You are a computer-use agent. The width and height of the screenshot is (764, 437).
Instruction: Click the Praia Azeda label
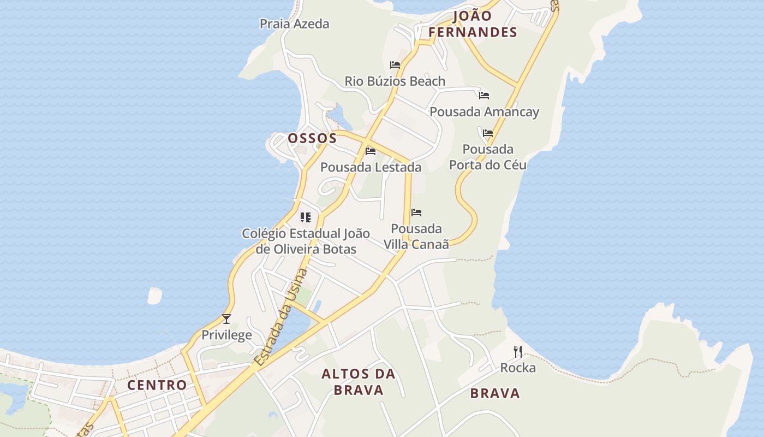(295, 23)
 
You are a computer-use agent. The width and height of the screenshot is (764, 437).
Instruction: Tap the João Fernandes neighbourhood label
(473, 24)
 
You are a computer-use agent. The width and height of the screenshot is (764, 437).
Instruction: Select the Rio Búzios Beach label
(395, 81)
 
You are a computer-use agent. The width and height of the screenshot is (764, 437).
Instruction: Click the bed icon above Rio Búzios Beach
(395, 65)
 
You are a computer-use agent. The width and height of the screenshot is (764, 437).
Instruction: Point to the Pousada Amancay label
(485, 112)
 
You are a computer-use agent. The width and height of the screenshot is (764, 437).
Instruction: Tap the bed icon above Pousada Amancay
(484, 96)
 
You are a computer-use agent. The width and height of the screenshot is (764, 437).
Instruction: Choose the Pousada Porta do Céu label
(488, 157)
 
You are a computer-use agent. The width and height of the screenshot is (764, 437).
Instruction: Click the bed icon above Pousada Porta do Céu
(488, 133)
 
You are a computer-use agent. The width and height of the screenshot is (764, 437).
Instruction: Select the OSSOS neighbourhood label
(312, 138)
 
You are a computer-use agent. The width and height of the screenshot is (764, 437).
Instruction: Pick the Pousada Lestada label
(371, 167)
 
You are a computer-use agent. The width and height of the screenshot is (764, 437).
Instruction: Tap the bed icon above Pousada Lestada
(371, 151)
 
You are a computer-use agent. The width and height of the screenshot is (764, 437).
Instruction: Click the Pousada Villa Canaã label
(416, 236)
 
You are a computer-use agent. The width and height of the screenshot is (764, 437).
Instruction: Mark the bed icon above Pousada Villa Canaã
(416, 212)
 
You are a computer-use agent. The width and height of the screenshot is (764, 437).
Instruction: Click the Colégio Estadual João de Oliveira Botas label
(306, 241)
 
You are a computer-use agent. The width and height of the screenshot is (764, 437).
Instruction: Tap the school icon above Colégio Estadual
(306, 217)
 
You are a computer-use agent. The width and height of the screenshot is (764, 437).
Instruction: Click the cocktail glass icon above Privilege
(226, 319)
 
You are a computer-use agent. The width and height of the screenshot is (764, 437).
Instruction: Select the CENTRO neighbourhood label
(157, 385)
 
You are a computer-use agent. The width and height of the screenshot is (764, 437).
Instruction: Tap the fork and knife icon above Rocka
(518, 352)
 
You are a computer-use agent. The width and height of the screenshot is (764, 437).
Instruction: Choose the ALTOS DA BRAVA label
(359, 382)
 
